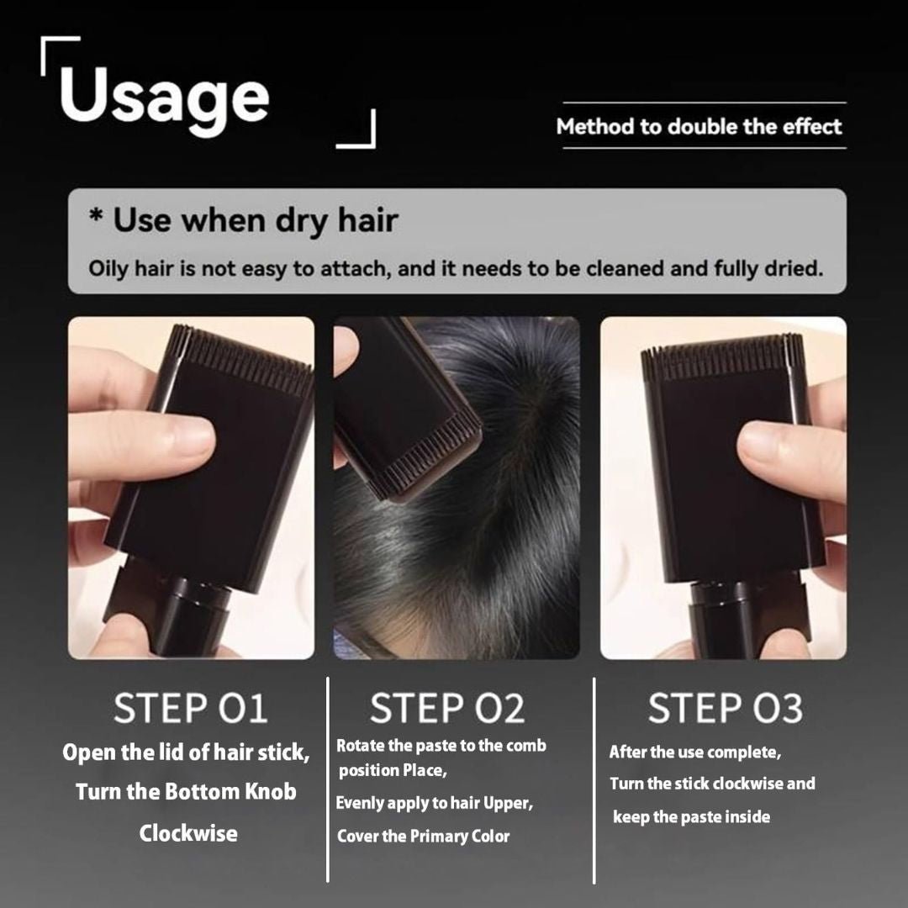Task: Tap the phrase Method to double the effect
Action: click(699, 127)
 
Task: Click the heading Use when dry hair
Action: click(244, 220)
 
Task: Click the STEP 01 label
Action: click(191, 709)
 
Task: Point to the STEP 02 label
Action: click(447, 709)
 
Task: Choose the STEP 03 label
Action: click(725, 709)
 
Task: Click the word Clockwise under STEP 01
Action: click(188, 834)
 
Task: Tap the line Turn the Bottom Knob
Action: click(186, 792)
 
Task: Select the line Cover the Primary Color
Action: click(423, 837)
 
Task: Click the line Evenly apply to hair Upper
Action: click(434, 803)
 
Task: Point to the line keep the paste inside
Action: click(691, 816)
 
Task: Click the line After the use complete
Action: click(694, 752)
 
